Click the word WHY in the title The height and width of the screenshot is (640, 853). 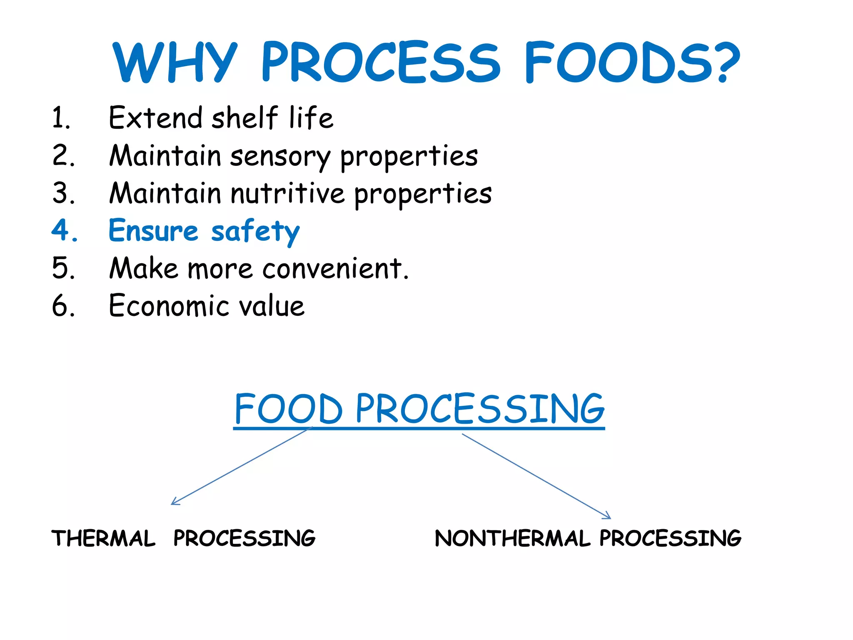pyautogui.click(x=175, y=62)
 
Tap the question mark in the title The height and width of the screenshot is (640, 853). pyautogui.click(x=724, y=62)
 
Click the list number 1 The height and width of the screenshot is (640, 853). pyautogui.click(x=61, y=118)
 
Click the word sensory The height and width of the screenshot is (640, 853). pyautogui.click(x=280, y=156)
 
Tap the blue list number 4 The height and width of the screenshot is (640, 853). pyautogui.click(x=64, y=230)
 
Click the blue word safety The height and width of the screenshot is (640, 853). pyautogui.click(x=255, y=231)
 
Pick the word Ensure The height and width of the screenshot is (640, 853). pyautogui.click(x=153, y=230)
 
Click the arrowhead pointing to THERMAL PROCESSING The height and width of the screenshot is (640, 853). pyautogui.click(x=174, y=502)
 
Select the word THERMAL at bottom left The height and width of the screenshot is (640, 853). pyautogui.click(x=103, y=538)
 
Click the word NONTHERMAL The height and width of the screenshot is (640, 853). pyautogui.click(x=512, y=538)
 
